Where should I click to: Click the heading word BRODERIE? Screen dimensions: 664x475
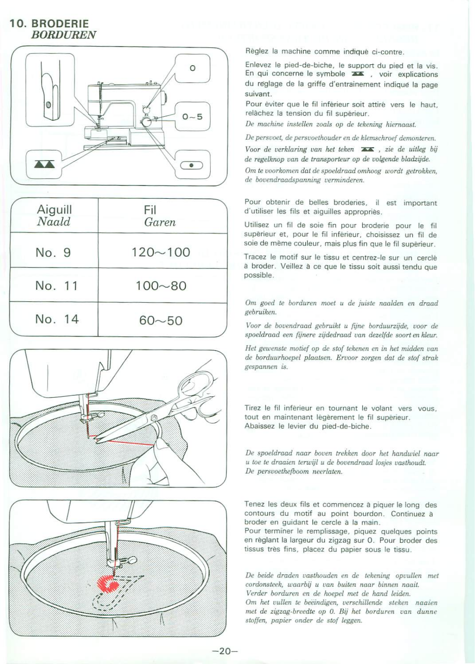point(60,24)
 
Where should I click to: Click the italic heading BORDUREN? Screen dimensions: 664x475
point(63,35)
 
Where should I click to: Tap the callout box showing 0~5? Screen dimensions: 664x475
point(192,117)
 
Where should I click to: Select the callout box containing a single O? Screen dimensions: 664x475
point(192,68)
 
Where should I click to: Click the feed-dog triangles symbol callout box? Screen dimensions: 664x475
point(44,164)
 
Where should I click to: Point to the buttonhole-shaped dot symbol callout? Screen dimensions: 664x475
point(191,165)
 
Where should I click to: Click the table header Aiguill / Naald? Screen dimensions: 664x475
point(54,215)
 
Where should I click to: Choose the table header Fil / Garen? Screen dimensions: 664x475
point(160,216)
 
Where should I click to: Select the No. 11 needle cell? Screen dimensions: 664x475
point(56,286)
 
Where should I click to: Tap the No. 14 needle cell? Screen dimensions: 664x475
point(57,319)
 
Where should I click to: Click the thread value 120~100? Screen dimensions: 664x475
point(161,252)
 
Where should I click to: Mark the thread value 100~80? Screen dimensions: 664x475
point(161,286)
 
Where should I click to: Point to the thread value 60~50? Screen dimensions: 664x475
point(161,320)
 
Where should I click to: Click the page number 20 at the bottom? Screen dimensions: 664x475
point(225,651)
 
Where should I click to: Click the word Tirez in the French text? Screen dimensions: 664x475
point(253,408)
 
